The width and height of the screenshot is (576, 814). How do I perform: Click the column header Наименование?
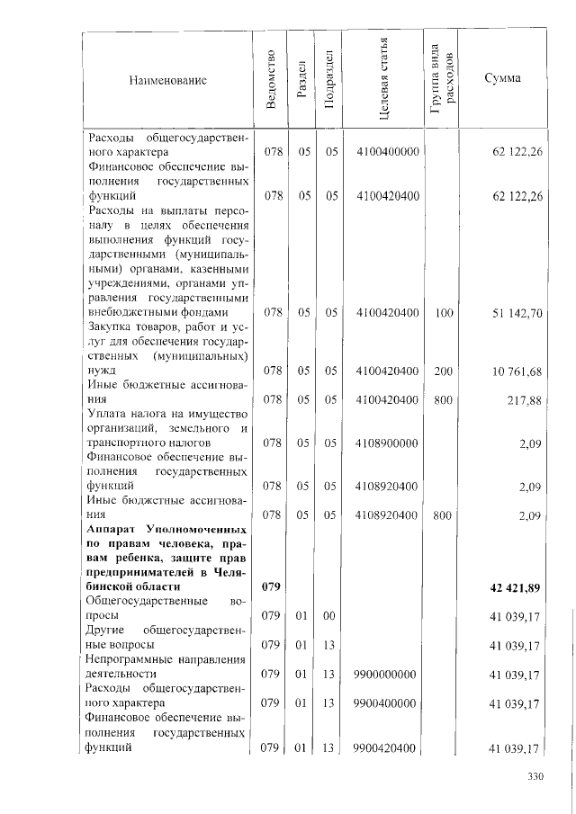pos(168,80)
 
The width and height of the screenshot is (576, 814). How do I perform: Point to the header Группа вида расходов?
pos(442,81)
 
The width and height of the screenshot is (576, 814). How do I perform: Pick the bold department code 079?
pos(272,587)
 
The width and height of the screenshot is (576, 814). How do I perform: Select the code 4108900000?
pos(388,443)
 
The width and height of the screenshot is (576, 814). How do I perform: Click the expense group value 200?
pos(444,371)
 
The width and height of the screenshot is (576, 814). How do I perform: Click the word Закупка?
pos(111,326)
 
